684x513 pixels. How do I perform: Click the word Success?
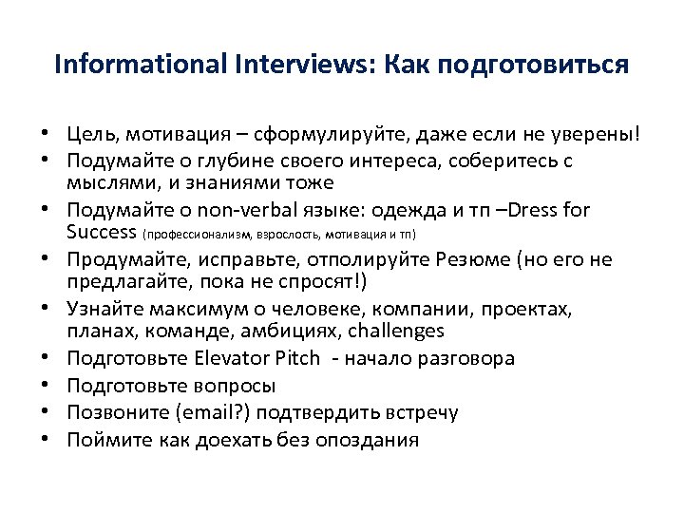coord(102,232)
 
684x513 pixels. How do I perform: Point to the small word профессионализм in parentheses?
coord(198,234)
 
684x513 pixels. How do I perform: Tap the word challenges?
coord(397,331)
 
